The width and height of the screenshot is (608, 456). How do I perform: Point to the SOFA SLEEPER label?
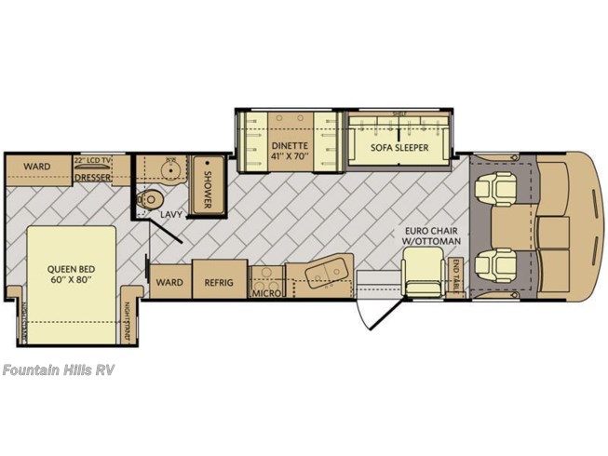coord(400,147)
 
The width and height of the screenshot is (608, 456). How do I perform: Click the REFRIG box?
coord(220,281)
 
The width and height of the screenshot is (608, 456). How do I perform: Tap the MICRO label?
coord(265,294)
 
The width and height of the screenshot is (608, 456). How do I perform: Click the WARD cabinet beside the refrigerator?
coord(169,281)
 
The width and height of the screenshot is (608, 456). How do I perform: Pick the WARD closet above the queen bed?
coord(37,167)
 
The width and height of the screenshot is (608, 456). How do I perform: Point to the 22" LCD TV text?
coord(94,161)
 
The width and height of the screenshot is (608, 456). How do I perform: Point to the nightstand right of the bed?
coord(129,321)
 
